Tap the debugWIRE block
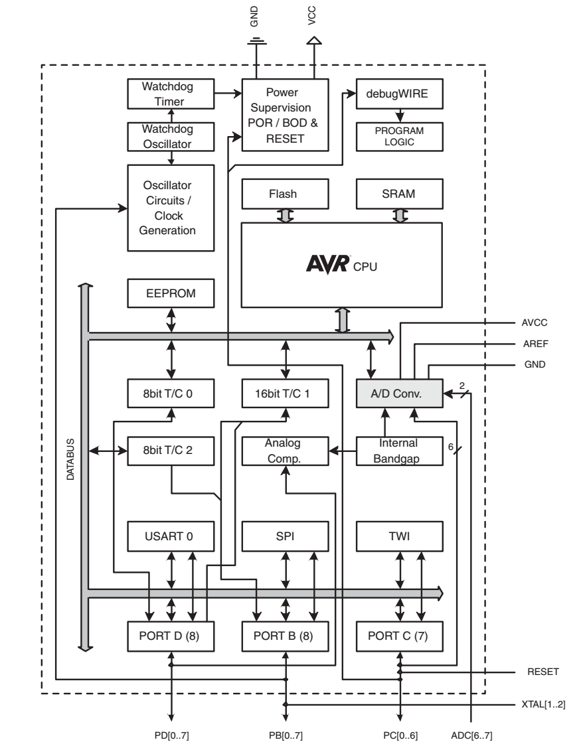398,94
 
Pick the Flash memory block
284,194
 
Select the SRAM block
398,194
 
